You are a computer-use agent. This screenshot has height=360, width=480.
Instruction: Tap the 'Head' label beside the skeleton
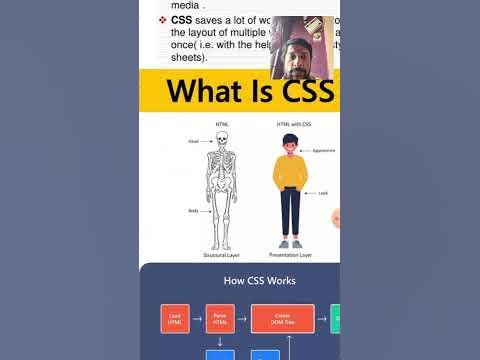tap(193, 141)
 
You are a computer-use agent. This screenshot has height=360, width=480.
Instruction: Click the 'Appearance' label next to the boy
tap(323, 150)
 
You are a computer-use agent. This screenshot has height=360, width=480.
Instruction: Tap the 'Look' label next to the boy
tap(323, 192)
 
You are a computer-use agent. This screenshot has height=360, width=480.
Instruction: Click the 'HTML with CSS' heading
tap(291, 124)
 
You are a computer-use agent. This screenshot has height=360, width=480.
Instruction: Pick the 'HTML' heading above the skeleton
tap(221, 124)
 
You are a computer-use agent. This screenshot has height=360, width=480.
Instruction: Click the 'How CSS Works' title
tap(239, 281)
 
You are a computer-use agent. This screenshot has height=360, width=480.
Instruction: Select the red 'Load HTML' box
tap(174, 319)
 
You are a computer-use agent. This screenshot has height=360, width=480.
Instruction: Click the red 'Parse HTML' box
tap(218, 319)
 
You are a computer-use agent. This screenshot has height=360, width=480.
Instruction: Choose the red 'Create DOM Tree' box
tap(283, 319)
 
